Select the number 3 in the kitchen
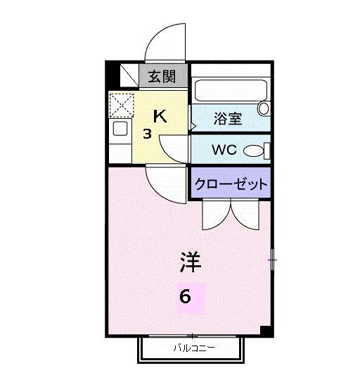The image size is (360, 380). click(147, 134)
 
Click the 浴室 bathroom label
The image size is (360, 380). click(228, 118)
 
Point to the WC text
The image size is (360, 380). click(225, 149)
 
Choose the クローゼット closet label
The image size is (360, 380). click(231, 184)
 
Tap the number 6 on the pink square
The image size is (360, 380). click(185, 297)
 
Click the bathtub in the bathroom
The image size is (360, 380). click(226, 91)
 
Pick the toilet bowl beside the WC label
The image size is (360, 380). click(257, 150)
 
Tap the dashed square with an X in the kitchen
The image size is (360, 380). click(121, 106)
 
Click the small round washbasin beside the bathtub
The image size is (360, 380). click(264, 108)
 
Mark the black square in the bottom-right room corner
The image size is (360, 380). click(265, 331)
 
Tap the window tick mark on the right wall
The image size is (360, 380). click(273, 260)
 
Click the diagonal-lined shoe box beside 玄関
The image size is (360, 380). click(129, 75)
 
